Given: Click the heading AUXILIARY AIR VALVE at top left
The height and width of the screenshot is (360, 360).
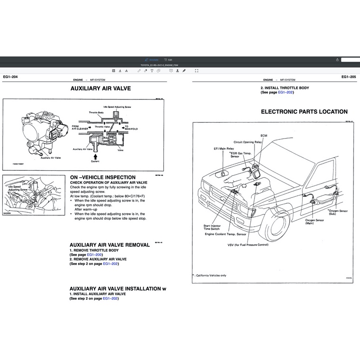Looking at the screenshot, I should coord(100,89).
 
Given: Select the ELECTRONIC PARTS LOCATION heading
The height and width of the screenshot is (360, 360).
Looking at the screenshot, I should coord(304,112).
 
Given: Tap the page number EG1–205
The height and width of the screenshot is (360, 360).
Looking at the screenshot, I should coord(349,77).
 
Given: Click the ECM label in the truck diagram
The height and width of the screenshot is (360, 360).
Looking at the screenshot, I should coord(264,136).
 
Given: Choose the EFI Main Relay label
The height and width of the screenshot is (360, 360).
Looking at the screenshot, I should coord(224,149).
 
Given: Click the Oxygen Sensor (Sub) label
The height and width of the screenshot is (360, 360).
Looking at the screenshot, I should coord(339,212).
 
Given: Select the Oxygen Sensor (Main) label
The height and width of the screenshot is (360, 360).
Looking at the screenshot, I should coord(315,222).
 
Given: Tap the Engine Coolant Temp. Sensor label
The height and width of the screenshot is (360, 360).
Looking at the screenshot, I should coord(225,234).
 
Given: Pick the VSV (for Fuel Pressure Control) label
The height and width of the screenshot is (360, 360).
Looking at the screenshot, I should coord(248,245).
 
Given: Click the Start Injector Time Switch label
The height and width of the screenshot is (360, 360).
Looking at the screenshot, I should coord(211,228).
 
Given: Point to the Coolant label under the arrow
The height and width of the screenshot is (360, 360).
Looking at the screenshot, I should coord(95,162).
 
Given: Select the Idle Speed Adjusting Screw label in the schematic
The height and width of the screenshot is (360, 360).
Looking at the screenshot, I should coord(117,106).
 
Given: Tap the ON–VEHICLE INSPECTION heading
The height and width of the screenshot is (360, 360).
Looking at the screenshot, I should coord(102,177).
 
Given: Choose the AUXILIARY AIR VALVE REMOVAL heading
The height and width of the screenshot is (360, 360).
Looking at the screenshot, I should coord(109,245).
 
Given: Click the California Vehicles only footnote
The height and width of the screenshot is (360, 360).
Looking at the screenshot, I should coord(211,275).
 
